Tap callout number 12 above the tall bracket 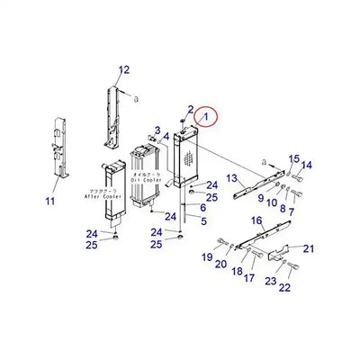tap(124, 69)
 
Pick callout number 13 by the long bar tap(231, 178)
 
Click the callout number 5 tap(202, 220)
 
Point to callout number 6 tap(202, 207)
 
